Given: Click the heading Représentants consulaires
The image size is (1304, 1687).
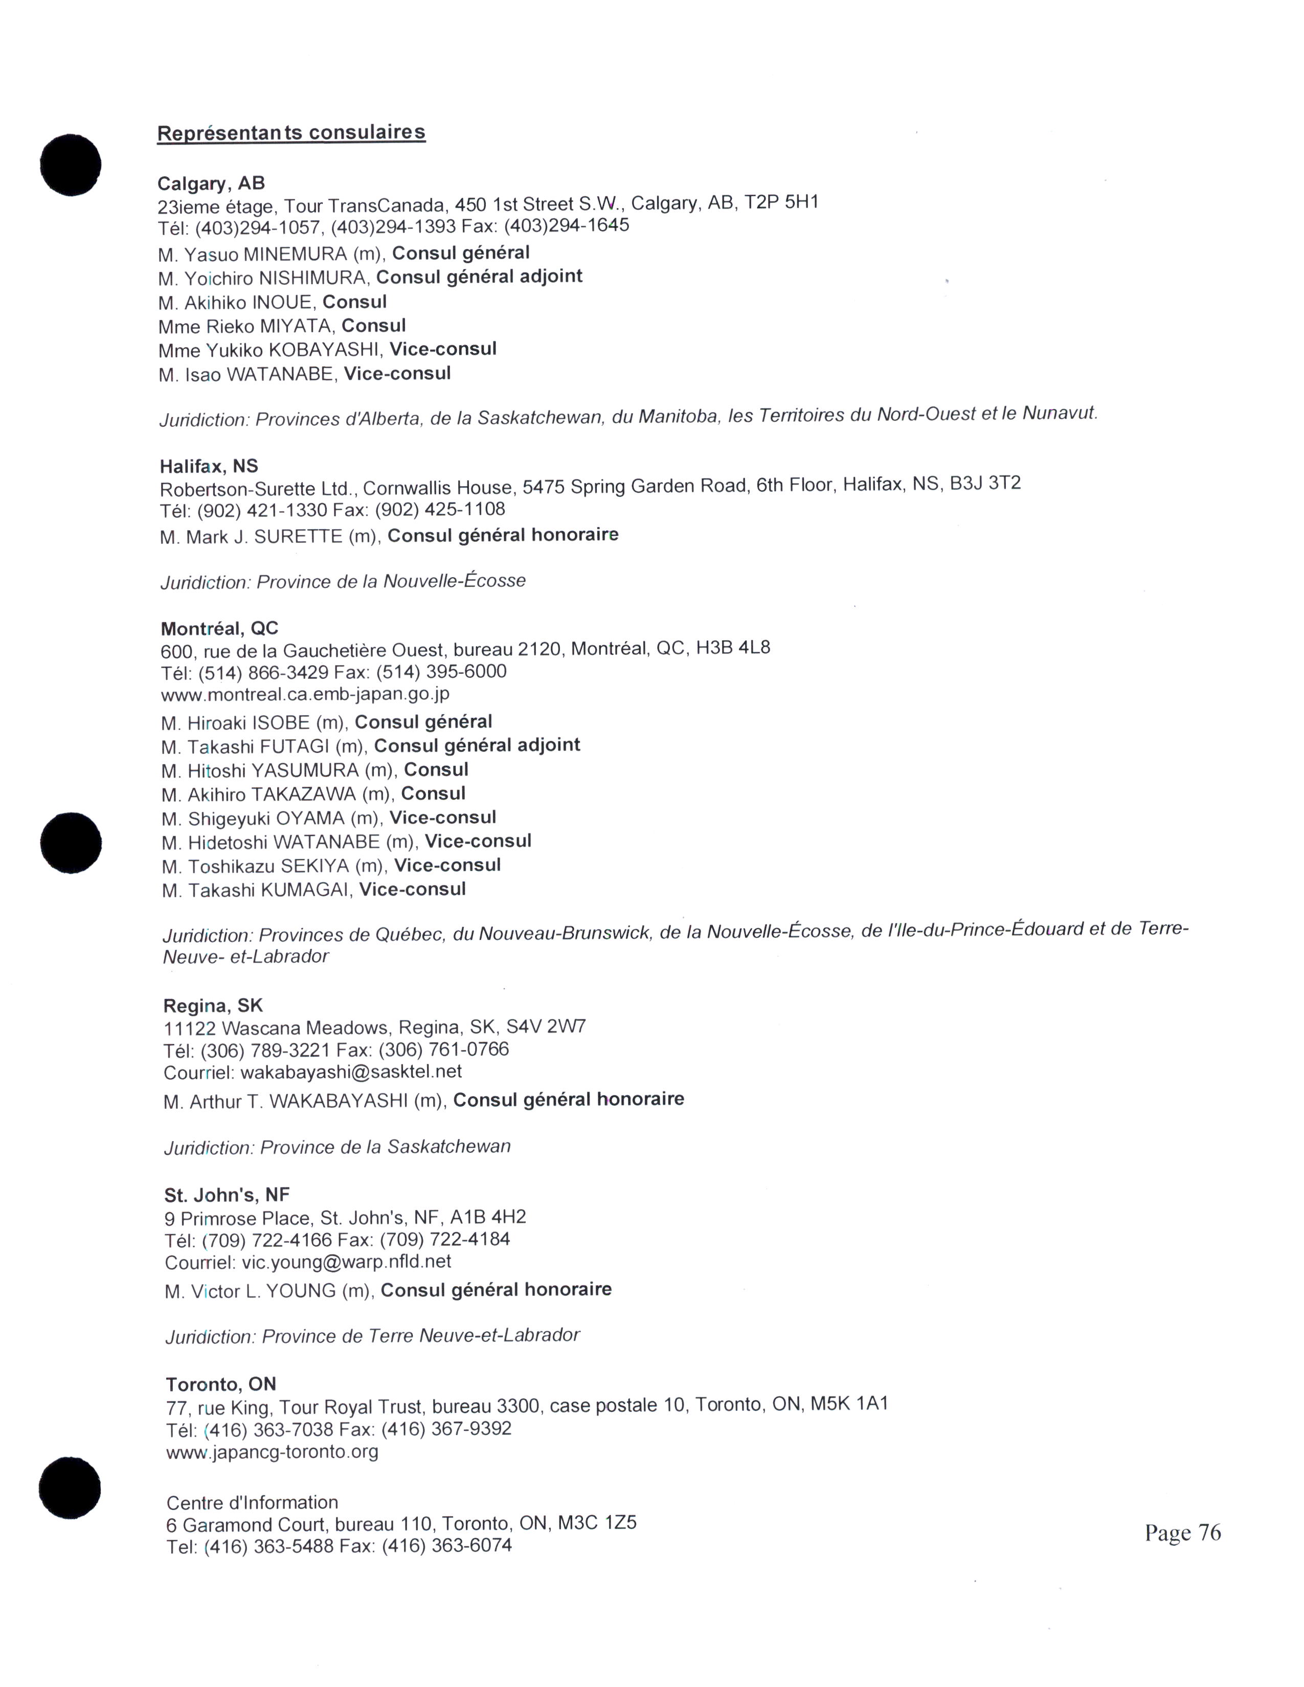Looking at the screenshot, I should (291, 133).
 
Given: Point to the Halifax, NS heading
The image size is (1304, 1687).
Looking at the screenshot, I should (209, 466).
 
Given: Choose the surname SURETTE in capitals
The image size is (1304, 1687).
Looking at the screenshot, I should (298, 536).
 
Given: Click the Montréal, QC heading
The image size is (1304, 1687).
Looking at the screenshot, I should (219, 628).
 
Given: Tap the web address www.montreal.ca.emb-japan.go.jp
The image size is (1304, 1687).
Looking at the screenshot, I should (305, 694).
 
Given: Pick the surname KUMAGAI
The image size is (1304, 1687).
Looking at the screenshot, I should (304, 890).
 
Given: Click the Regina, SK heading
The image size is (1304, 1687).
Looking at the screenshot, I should (213, 1006).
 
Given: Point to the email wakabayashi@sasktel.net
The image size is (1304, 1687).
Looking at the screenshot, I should (351, 1072).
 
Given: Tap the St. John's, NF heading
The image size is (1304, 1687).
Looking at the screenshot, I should (227, 1195).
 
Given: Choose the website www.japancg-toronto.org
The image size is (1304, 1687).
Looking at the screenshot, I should (272, 1451).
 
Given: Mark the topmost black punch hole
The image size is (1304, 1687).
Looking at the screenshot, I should (70, 165).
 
